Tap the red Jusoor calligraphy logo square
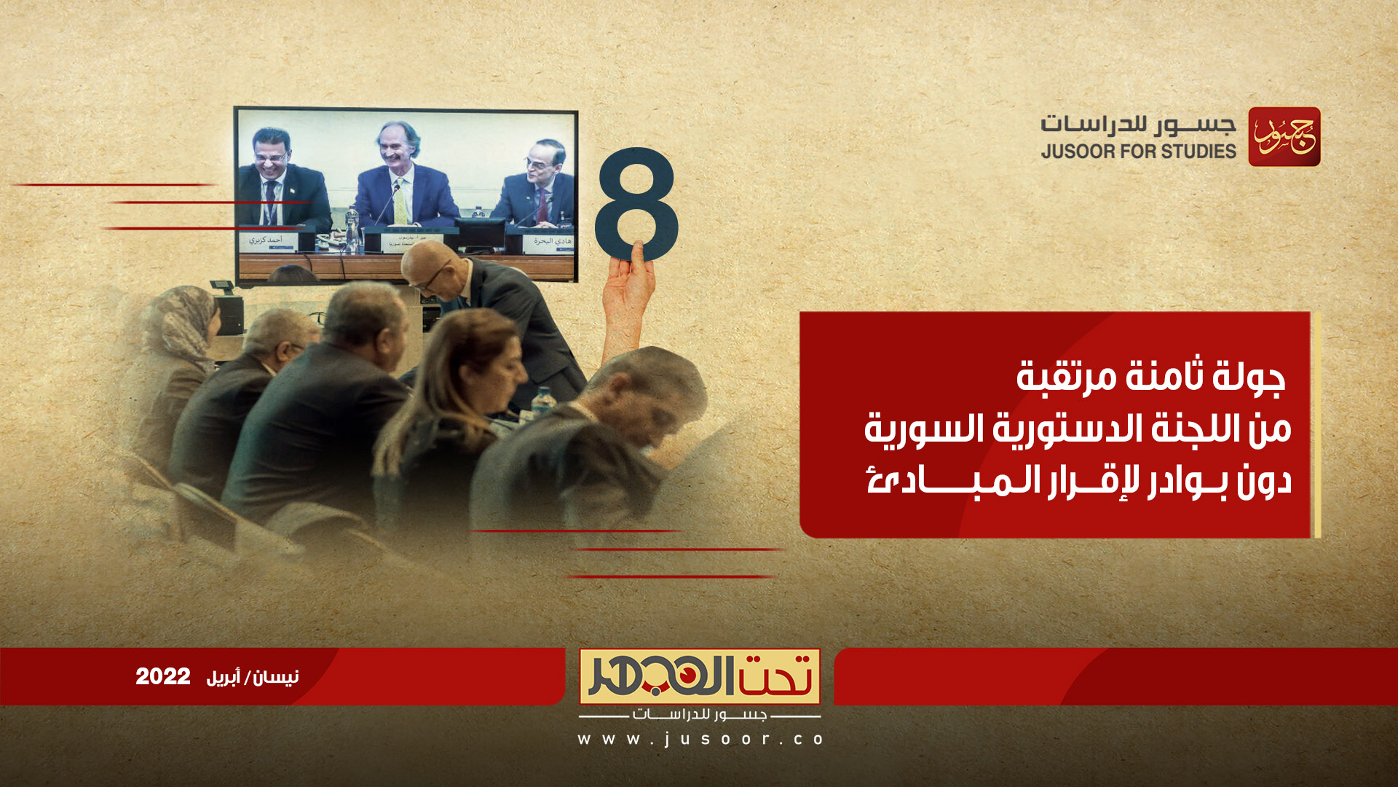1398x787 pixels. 1284,137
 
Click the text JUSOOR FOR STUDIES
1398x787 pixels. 1138,152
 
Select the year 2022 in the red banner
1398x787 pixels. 162,676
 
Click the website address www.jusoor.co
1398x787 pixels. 700,739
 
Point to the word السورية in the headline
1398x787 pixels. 920,428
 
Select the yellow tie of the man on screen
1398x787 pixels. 400,204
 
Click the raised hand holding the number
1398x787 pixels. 628,291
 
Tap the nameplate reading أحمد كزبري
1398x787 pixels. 266,240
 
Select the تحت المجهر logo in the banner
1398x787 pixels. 699,676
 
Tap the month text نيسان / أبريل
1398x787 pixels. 253,677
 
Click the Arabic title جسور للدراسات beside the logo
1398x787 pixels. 1137,125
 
